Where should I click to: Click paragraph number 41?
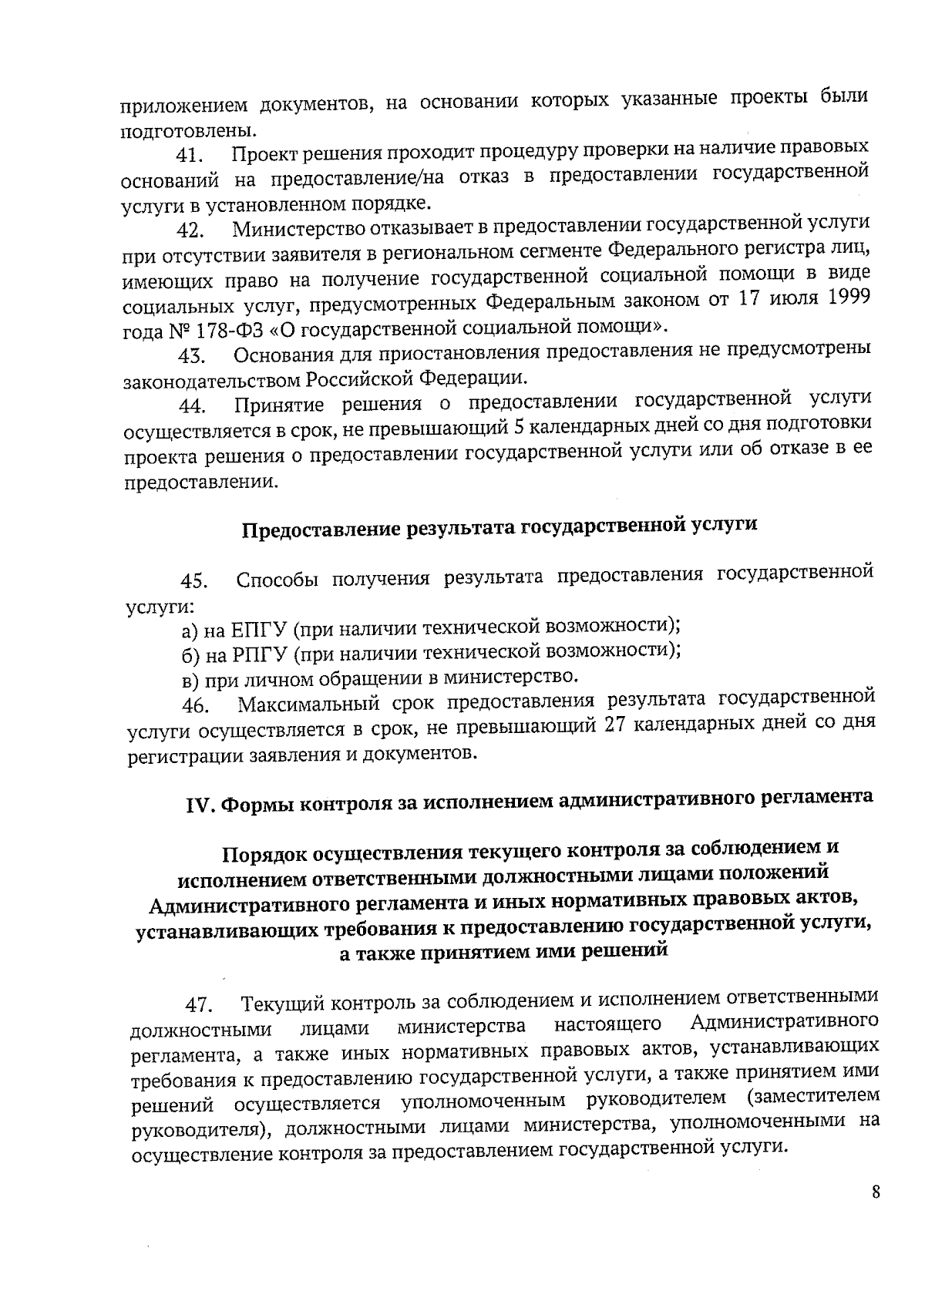coord(189,155)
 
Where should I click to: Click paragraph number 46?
coord(194,706)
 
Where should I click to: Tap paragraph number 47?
coord(198,1006)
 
